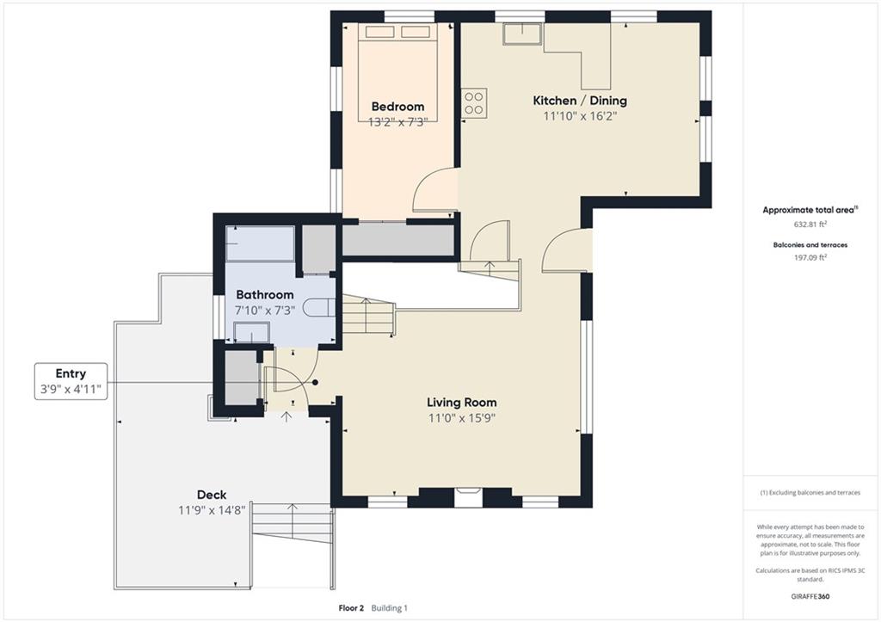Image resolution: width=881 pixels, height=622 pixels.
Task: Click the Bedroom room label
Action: point(397,106)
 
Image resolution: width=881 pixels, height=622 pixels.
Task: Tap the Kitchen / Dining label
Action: point(580,101)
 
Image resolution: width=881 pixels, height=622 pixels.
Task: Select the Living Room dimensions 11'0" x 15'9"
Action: point(462,418)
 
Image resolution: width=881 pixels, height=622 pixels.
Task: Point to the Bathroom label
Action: point(265,294)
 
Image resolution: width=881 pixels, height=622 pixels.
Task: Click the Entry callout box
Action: point(71,381)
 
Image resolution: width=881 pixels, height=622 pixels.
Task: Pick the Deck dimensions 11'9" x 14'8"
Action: point(212,510)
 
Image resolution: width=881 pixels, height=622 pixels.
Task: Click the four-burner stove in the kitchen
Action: point(474,103)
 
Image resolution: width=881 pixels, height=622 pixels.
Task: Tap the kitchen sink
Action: point(522,34)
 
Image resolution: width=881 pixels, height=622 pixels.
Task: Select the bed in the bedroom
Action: point(397,72)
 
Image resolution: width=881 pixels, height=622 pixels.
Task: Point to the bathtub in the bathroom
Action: point(260,243)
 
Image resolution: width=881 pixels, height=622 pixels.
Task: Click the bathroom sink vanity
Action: point(252,332)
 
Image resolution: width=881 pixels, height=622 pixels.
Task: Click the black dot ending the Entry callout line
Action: point(315,383)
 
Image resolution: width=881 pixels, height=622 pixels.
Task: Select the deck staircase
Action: point(293,522)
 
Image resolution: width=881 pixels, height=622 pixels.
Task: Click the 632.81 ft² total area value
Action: point(810,225)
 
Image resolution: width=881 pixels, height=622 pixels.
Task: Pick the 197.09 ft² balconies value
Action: point(810,257)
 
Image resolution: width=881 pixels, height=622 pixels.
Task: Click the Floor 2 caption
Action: point(351,608)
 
